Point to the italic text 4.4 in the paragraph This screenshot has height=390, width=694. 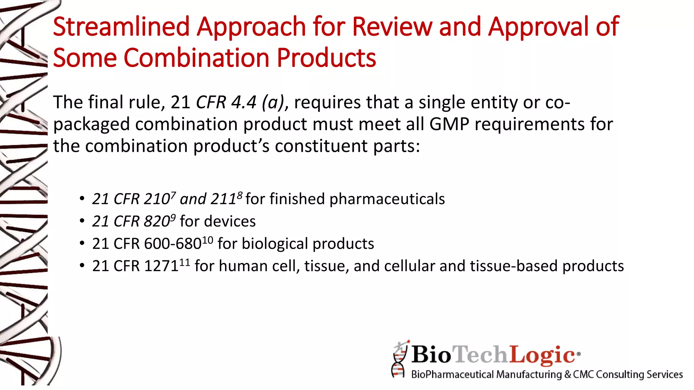(243, 102)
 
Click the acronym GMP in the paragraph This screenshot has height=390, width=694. (449, 124)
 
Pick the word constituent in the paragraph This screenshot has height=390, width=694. (321, 146)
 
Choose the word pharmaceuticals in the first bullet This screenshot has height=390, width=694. (387, 199)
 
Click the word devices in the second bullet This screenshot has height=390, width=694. (234, 221)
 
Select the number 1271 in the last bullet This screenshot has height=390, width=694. (161, 266)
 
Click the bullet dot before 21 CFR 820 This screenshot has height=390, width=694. (82, 221)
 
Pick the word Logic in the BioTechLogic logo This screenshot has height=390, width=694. (542, 355)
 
